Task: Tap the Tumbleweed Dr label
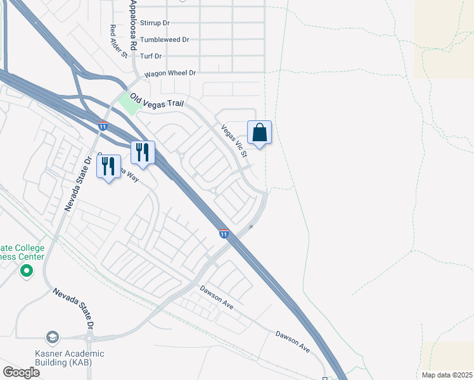tap(164, 39)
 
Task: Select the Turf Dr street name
tap(151, 56)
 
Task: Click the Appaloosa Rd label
tap(132, 25)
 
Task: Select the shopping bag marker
tap(260, 133)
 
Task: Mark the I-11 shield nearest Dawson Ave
tap(224, 234)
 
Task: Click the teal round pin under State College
tap(26, 271)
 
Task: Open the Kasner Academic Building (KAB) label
tap(70, 358)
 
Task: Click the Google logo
tap(22, 372)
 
